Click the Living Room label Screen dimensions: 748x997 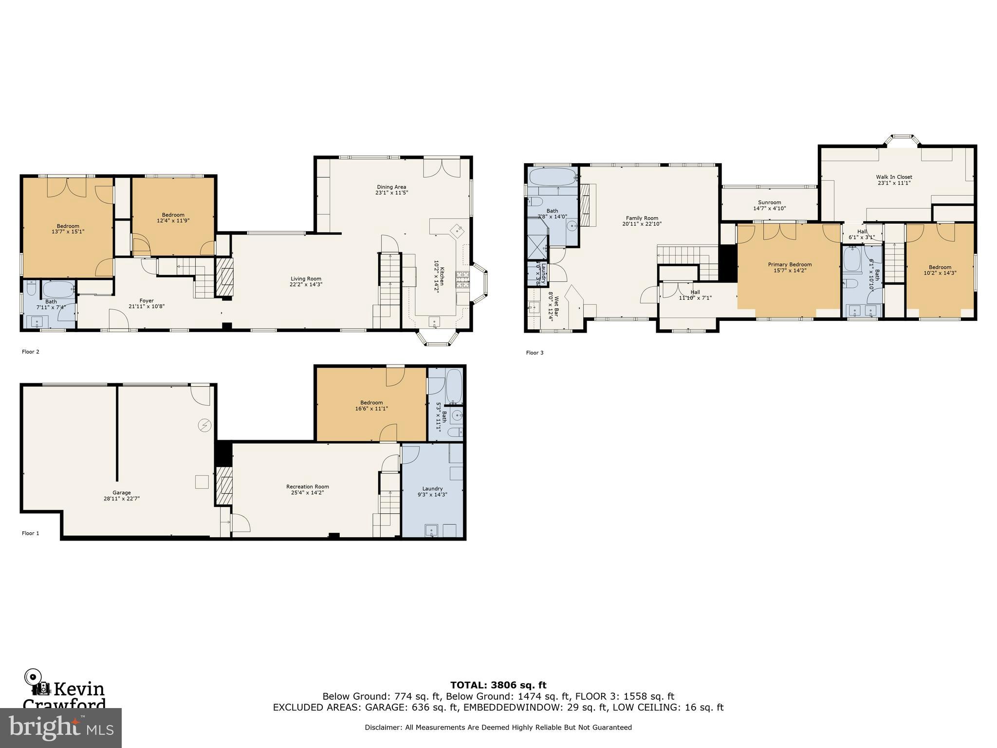[x=306, y=279]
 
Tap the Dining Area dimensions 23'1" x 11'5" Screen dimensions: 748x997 [x=391, y=193]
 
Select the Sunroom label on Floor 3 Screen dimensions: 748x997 [x=769, y=203]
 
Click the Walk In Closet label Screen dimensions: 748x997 [x=894, y=177]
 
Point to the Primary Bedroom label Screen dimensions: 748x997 [x=790, y=264]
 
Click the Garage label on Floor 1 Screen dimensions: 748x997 [x=122, y=493]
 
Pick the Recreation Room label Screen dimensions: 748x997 [x=307, y=486]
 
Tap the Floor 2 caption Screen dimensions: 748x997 [x=31, y=352]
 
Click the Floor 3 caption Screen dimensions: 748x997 [x=535, y=353]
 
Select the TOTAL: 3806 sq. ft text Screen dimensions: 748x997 [x=498, y=685]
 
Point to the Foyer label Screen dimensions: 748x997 [x=147, y=301]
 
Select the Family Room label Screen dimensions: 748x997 [x=642, y=218]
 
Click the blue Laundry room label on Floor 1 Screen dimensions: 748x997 [x=432, y=488]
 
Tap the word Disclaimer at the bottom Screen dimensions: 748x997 [x=383, y=728]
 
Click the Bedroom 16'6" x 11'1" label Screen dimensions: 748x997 [x=371, y=403]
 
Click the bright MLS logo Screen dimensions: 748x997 [x=61, y=728]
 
